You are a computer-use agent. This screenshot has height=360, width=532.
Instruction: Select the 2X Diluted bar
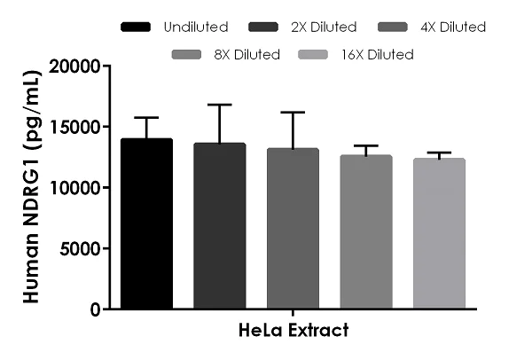coord(220,226)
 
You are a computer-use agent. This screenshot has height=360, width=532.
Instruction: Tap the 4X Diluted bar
coord(293,229)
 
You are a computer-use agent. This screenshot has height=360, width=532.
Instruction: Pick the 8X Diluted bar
coord(366,232)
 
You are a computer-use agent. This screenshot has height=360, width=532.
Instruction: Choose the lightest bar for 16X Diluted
coord(439,234)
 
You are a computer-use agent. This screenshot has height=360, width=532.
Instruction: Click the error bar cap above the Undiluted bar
coord(146,117)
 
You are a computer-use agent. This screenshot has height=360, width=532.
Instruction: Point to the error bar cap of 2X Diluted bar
coord(220,105)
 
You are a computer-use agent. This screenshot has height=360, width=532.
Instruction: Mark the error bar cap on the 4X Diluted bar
coord(293,113)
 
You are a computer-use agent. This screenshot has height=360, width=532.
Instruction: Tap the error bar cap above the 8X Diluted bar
coord(366,145)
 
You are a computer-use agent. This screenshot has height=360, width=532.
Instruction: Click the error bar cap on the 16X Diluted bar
coord(439,153)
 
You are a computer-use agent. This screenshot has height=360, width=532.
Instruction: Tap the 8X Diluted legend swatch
coord(191,55)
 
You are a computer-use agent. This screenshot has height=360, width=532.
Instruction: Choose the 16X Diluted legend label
coord(377,55)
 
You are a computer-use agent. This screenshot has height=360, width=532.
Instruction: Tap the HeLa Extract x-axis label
coord(293,331)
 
